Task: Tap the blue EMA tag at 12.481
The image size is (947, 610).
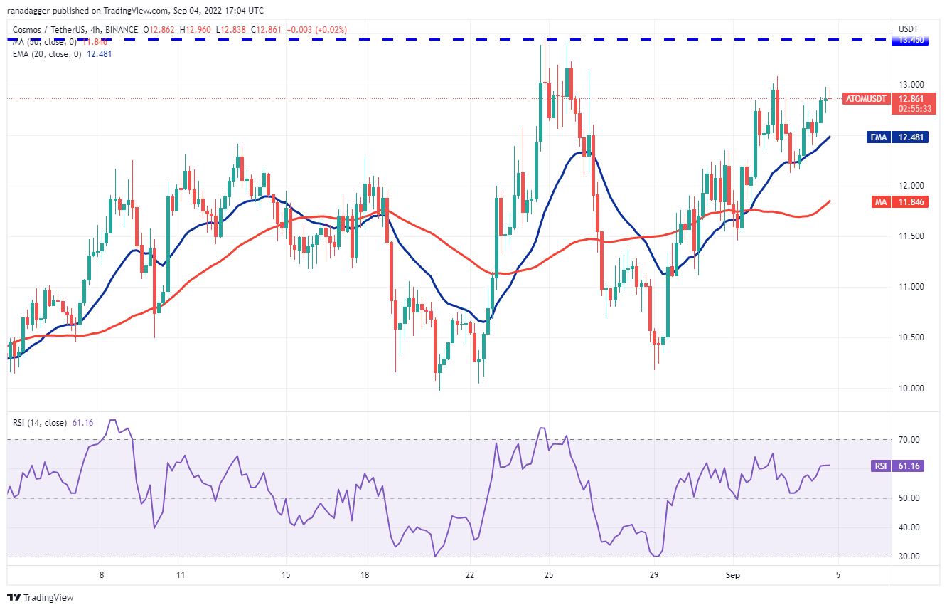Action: click(x=879, y=137)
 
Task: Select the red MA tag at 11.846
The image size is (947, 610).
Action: click(x=881, y=202)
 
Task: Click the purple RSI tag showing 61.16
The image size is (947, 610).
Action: click(x=881, y=466)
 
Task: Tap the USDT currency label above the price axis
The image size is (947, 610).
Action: click(x=909, y=29)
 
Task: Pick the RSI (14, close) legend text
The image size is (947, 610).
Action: click(x=39, y=423)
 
